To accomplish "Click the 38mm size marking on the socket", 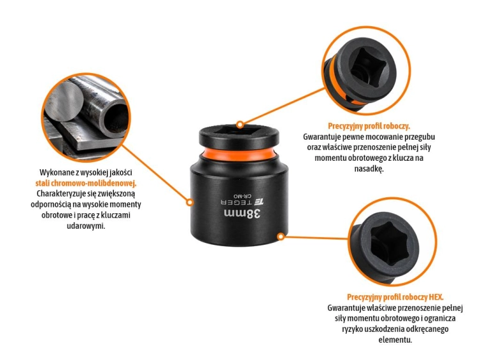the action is click(x=243, y=213).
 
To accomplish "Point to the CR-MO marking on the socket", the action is click(x=243, y=195).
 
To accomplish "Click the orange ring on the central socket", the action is click(x=239, y=153).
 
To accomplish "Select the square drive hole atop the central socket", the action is click(x=236, y=131).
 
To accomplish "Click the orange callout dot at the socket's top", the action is click(x=240, y=124).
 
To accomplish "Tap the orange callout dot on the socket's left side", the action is click(x=190, y=202).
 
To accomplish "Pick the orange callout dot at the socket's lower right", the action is click(x=281, y=236).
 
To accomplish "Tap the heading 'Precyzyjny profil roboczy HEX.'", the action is click(x=396, y=297).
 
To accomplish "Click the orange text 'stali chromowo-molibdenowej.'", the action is click(x=86, y=183).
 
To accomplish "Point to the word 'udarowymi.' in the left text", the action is click(x=86, y=226).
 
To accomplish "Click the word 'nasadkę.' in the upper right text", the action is click(x=369, y=168).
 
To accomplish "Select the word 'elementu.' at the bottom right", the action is click(x=396, y=340).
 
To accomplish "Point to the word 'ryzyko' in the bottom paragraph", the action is click(x=351, y=329).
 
